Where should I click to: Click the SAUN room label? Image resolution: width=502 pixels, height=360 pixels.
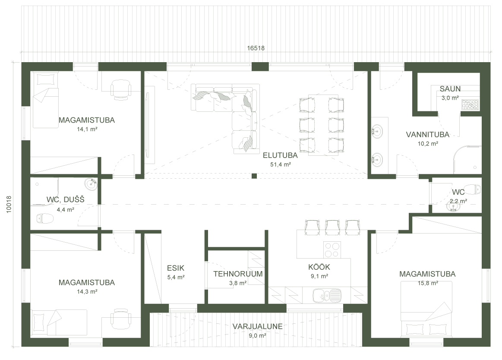[x=450, y=89]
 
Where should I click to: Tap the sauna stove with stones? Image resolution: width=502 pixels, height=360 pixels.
[x=470, y=104]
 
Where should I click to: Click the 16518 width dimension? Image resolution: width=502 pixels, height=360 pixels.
[x=256, y=48]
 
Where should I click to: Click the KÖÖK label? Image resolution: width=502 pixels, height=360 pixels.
[x=319, y=267]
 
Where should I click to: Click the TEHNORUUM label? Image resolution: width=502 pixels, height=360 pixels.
[x=238, y=274]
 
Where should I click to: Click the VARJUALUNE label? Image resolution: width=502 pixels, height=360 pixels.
[x=257, y=326]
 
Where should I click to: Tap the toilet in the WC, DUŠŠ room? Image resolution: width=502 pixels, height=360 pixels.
[x=45, y=219]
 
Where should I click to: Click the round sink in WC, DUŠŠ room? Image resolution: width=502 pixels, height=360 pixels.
[x=92, y=184]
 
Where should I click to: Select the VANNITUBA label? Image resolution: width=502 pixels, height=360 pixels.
[x=427, y=134]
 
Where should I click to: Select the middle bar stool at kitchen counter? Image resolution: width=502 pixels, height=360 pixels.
[x=332, y=226]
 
